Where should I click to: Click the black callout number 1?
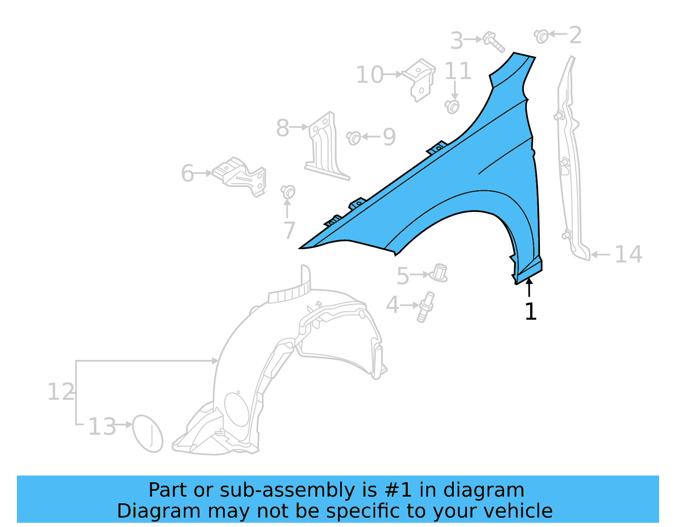530,312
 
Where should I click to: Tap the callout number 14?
628,255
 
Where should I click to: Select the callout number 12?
60,392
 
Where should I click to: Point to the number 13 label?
102,427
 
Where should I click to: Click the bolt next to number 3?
493,41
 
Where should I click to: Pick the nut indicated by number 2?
541,36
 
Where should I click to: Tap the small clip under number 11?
452,106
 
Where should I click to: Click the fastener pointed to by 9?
354,138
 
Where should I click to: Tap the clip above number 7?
288,191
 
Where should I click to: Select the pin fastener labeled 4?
426,307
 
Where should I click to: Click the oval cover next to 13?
147,434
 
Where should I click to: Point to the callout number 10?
369,75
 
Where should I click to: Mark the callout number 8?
282,128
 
